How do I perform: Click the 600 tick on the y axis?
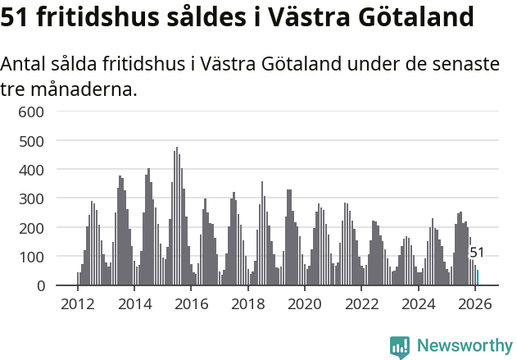click(31, 112)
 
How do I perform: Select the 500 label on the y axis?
click(31, 140)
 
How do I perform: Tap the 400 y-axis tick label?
click(31, 170)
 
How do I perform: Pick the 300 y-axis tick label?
click(31, 198)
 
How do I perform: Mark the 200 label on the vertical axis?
click(31, 227)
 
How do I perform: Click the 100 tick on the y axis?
click(31, 257)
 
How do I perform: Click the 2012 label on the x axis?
click(78, 304)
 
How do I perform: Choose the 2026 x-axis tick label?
click(475, 304)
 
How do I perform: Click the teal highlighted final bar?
click(478, 278)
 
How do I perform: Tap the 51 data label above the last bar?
click(477, 253)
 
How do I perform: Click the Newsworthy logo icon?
click(400, 347)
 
